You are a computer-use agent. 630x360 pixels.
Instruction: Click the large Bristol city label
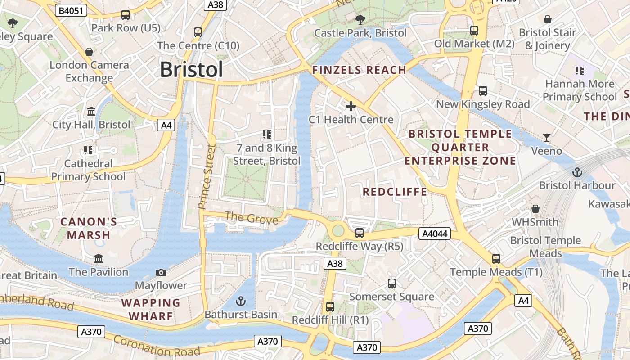point(191,70)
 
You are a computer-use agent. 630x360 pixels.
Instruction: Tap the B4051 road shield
point(71,10)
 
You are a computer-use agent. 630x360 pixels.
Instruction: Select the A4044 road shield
point(434,234)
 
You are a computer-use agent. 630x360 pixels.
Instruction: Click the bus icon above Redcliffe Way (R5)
point(359,233)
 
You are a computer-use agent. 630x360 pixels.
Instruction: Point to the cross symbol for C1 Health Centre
point(351,106)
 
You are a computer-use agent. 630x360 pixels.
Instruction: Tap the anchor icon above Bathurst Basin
point(241,301)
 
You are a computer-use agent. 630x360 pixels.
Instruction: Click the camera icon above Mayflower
point(161,272)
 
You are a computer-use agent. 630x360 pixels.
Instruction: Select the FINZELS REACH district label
point(359,70)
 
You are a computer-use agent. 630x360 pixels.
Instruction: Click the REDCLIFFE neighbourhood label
point(395,192)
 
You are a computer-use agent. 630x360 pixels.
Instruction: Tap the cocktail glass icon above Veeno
point(547,138)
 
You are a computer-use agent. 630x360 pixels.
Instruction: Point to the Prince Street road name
point(207,176)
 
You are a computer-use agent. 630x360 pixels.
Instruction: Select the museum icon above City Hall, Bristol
point(91,111)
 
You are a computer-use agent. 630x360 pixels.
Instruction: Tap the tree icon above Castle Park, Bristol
point(360,19)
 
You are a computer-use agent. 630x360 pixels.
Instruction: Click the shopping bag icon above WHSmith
point(535,209)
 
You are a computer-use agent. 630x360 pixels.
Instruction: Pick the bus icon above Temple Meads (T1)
point(496,259)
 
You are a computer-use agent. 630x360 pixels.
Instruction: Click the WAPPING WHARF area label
point(151,309)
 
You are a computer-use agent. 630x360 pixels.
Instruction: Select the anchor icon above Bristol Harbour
point(577,172)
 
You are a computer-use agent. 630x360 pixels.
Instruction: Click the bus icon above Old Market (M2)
point(474,31)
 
